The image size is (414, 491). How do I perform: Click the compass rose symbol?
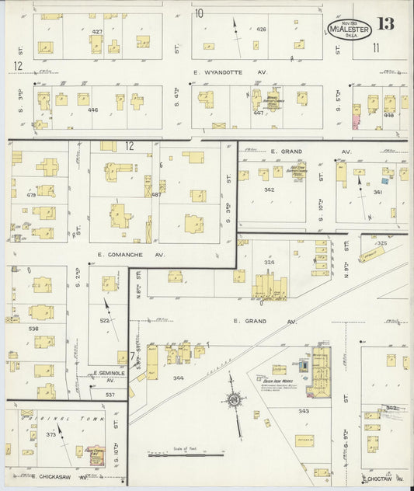(232, 400)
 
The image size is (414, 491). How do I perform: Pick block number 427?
(97, 31)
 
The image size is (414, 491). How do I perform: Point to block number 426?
(261, 30)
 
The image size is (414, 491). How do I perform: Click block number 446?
(93, 110)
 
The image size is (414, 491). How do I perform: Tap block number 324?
(269, 263)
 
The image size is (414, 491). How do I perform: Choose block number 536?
(33, 329)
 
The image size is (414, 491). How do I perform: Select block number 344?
(179, 378)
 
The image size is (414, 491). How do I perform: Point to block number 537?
(110, 395)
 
